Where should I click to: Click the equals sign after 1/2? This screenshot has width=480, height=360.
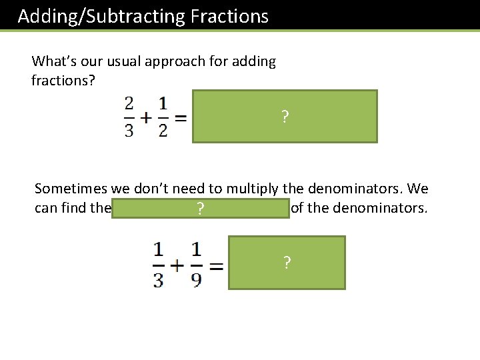tap(180, 117)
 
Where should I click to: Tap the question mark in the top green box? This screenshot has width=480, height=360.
tap(285, 118)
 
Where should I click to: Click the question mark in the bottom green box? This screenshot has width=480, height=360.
tap(287, 263)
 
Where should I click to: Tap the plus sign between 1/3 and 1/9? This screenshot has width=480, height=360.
tap(177, 264)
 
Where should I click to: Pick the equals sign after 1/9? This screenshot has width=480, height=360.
tap(215, 265)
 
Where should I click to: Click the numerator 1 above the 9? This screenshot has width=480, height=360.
tap(196, 251)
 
